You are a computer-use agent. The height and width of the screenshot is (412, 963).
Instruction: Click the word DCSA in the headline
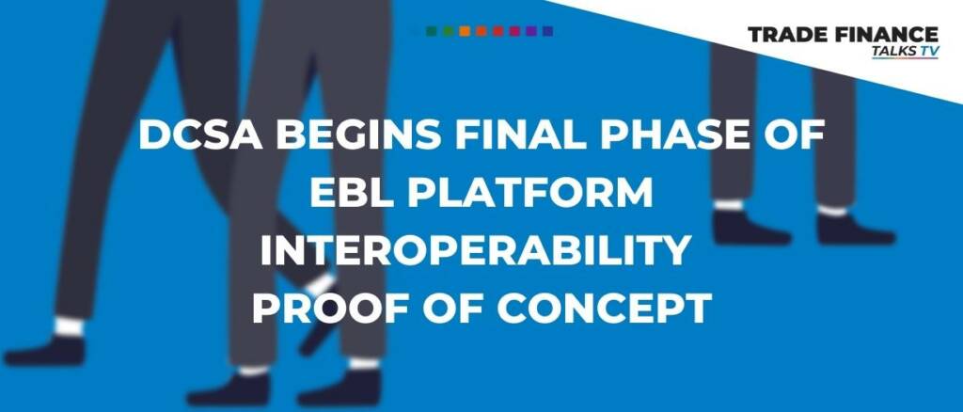tap(201, 135)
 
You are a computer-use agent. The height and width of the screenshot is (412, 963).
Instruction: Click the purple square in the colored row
tap(531, 31)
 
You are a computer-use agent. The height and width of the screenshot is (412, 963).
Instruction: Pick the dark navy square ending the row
tap(548, 31)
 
